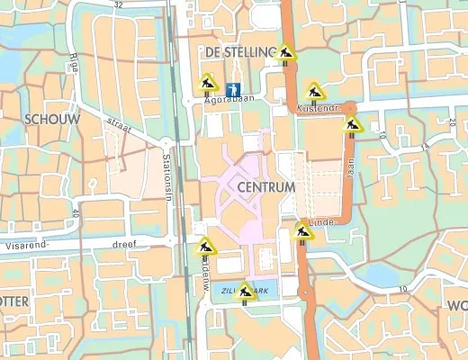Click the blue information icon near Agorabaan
pyautogui.click(x=234, y=89)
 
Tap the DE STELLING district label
pyautogui.click(x=238, y=53)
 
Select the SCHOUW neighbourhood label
pyautogui.click(x=53, y=119)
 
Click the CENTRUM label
pyautogui.click(x=267, y=187)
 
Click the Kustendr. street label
pyautogui.click(x=315, y=109)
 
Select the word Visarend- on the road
pyautogui.click(x=28, y=242)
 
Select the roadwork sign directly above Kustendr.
pyautogui.click(x=314, y=91)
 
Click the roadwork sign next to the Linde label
pyautogui.click(x=302, y=231)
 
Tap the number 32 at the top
pyautogui.click(x=119, y=4)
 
